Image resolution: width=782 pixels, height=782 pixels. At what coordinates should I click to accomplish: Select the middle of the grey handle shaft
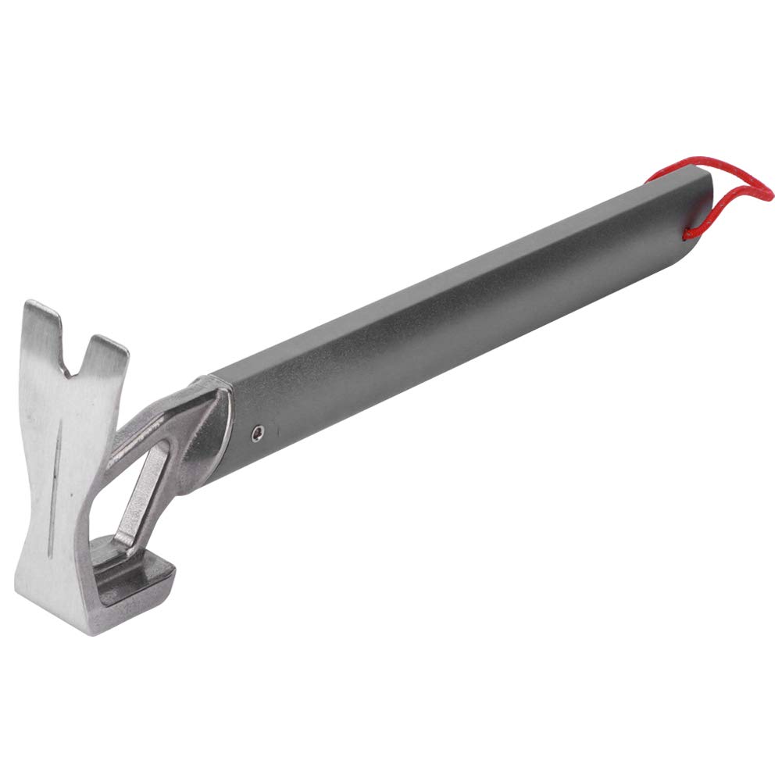click(461, 320)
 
